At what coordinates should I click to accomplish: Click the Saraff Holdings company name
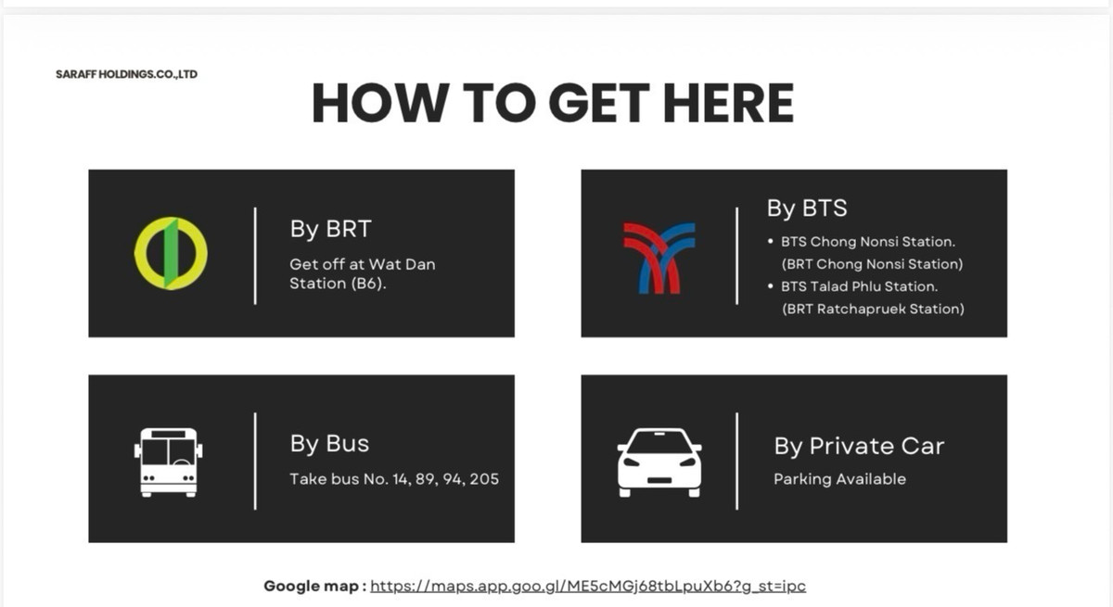click(x=127, y=74)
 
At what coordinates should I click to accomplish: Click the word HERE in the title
click(x=728, y=103)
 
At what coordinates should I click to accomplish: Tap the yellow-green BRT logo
click(x=171, y=253)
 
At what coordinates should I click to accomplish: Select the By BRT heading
click(x=330, y=229)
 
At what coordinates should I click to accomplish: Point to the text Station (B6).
click(x=338, y=284)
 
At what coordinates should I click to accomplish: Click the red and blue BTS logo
click(x=659, y=258)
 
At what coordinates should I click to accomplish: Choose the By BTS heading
click(x=807, y=208)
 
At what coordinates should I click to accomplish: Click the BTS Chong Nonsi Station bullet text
click(x=868, y=242)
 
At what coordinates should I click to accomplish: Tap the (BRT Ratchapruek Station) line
click(x=873, y=310)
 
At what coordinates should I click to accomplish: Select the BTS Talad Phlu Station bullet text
click(x=859, y=286)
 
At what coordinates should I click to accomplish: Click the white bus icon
click(x=169, y=462)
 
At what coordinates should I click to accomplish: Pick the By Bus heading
click(x=329, y=444)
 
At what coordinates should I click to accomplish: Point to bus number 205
click(x=484, y=479)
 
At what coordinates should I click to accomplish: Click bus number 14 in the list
click(x=400, y=479)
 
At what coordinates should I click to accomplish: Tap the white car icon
click(x=659, y=462)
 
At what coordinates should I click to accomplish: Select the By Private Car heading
click(x=859, y=446)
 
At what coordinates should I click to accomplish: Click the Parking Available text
click(x=839, y=479)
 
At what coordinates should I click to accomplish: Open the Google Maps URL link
click(x=588, y=587)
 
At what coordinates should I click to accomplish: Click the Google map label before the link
click(x=315, y=587)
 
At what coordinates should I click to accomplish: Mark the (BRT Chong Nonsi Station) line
click(x=872, y=264)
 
